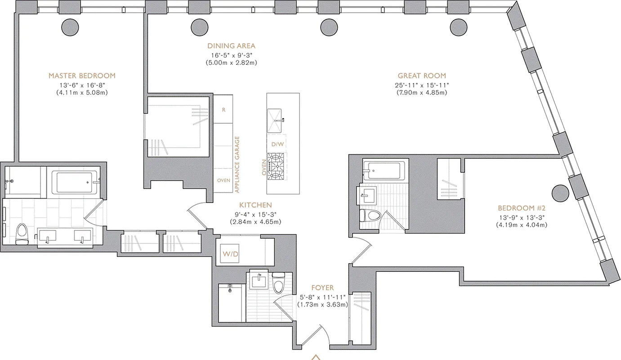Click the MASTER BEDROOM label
click(82, 76)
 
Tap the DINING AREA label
click(231, 46)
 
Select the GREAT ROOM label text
click(421, 76)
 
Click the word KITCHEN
click(255, 205)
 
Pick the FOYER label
click(322, 288)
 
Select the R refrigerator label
click(223, 110)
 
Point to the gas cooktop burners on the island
click(276, 166)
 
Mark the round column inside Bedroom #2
click(560, 193)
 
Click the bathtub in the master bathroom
click(74, 182)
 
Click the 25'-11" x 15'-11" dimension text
click(421, 85)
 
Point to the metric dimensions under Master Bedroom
click(82, 93)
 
